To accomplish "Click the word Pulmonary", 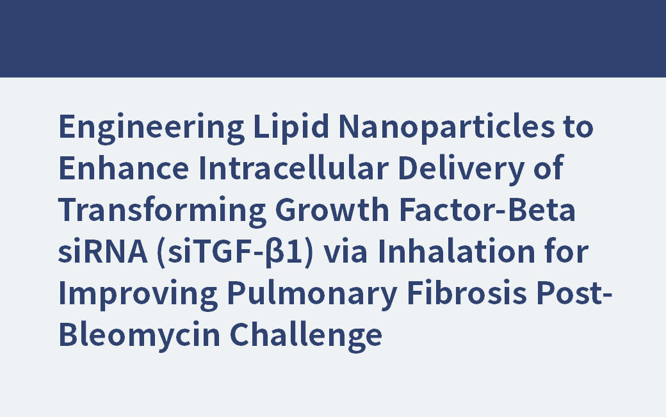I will click(x=287, y=294).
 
